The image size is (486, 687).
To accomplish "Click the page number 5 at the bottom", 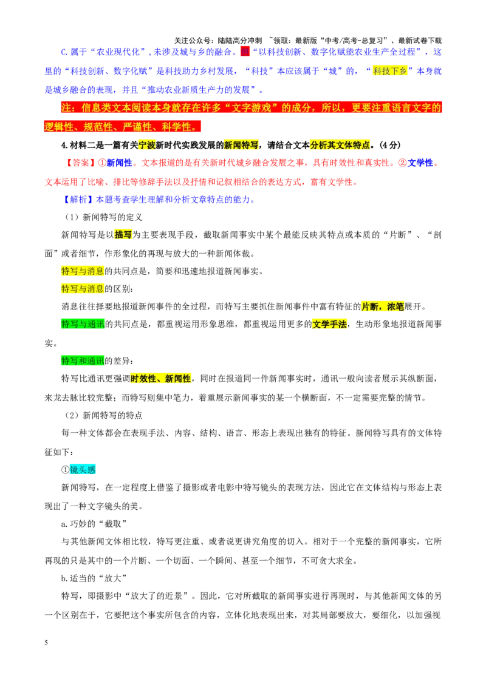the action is point(46,643).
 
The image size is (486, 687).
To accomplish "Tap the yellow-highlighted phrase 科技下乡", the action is point(390,71).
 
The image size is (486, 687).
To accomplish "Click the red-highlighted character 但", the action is point(245,52).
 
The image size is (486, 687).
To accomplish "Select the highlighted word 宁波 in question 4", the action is point(147,145).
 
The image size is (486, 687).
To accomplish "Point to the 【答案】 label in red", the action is point(80,163).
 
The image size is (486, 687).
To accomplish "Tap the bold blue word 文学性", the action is point(420,163).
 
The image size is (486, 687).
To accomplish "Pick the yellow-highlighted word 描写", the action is point(123,235).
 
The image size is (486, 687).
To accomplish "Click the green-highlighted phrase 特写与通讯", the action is point(83,324).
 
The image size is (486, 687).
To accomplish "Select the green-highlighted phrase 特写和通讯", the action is point(83,361).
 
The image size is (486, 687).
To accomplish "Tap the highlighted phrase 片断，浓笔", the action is point(383,306).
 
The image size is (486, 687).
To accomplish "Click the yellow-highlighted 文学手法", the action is point(329,324).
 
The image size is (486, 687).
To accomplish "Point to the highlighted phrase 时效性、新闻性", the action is point(161,379).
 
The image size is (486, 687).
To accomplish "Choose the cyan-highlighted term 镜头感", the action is point(83,470).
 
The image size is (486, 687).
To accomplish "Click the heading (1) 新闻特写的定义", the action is point(103,217).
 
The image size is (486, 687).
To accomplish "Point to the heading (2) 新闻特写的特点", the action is point(103,415).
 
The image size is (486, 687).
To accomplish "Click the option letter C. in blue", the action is point(64,52).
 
